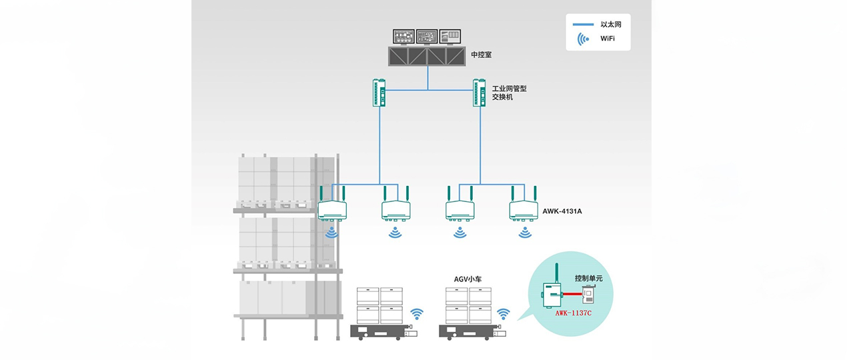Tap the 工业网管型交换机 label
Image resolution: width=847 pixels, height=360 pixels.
coord(509,93)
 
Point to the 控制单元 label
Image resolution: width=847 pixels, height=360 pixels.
coord(588,278)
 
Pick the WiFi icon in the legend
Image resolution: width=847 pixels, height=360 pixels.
coord(584,39)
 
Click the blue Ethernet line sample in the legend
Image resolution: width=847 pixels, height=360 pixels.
coord(583,24)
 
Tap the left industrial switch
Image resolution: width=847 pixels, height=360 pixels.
coord(379,93)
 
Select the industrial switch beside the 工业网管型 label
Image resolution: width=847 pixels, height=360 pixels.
coord(480,93)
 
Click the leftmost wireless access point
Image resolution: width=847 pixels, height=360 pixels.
coord(331,209)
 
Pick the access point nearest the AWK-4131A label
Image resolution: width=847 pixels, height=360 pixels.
coord(524,209)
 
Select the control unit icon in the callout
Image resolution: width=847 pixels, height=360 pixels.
coord(588,293)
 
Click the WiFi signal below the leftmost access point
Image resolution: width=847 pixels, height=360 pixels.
coord(331,232)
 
